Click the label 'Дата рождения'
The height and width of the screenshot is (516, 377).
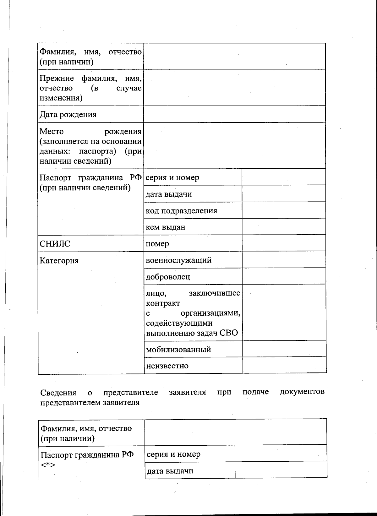point(68,115)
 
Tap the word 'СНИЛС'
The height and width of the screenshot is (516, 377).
point(55,244)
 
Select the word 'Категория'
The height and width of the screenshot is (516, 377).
point(59,261)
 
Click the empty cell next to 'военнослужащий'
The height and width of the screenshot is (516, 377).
point(284,260)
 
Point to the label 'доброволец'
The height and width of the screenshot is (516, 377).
point(168,277)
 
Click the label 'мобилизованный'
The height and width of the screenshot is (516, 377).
point(178,350)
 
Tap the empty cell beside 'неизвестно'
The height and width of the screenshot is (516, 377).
point(284,365)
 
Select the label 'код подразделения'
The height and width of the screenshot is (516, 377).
point(181,211)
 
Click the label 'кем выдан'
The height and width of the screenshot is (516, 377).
point(165,227)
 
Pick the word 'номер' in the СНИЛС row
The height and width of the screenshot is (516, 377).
point(157,244)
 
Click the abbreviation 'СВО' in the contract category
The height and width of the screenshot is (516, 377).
point(229,333)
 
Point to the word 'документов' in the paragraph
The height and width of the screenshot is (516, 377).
point(302,392)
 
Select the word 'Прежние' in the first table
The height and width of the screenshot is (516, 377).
point(57,79)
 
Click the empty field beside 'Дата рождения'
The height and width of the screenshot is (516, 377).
point(234,114)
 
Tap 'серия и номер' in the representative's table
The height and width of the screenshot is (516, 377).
point(173,454)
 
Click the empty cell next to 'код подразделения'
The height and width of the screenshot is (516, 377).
point(283,210)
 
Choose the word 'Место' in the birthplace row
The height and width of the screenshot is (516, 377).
point(51,132)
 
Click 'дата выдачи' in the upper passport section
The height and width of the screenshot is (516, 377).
point(168,194)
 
